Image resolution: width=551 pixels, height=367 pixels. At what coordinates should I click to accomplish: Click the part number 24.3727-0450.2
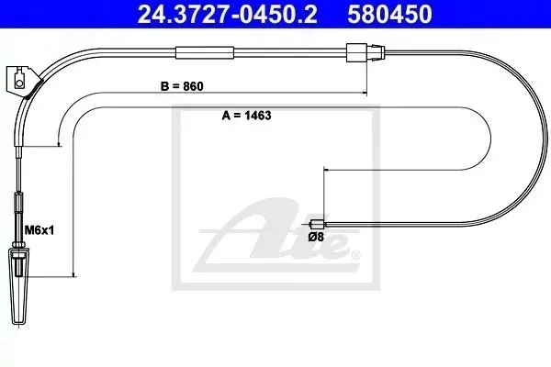tap(227, 14)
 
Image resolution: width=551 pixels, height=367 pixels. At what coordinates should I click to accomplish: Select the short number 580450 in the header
tap(389, 14)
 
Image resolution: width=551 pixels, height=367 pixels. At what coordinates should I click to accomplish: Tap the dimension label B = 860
tap(182, 86)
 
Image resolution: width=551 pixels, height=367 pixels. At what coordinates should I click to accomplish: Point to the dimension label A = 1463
tap(246, 116)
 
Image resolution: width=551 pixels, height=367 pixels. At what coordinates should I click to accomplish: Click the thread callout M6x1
tap(39, 230)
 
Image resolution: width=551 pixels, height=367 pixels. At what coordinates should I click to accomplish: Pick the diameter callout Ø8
tap(316, 237)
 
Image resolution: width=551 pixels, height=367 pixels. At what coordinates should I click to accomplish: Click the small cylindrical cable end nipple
tap(318, 224)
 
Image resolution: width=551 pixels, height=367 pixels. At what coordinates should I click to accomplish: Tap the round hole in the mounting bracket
tap(19, 83)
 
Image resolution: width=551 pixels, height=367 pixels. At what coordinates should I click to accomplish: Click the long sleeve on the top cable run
tap(205, 52)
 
